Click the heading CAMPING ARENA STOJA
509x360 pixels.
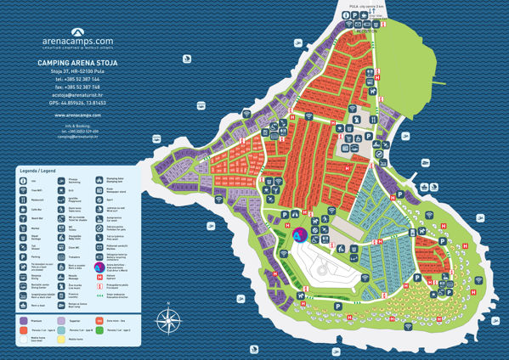[x=77, y=63]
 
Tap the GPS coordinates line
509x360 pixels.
[x=77, y=102]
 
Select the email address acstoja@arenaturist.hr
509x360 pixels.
[x=77, y=94]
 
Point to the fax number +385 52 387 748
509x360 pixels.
[x=77, y=87]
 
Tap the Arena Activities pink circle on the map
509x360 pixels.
[x=303, y=235]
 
